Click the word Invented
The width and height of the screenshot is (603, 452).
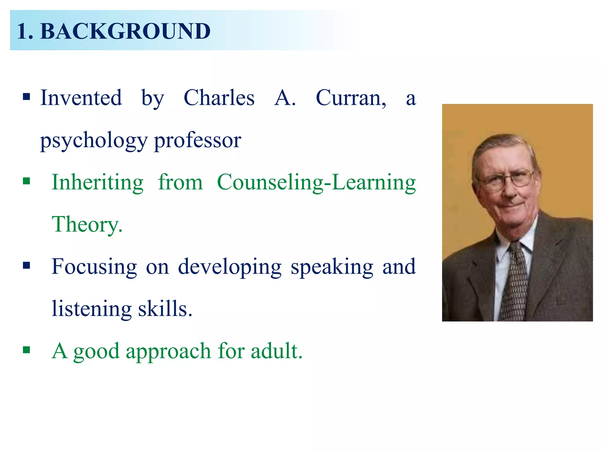point(81,98)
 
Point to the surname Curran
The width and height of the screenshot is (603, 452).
point(350,98)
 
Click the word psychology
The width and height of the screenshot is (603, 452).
point(94,141)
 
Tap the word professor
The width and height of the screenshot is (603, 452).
point(198,141)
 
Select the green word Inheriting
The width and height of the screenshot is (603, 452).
point(97,182)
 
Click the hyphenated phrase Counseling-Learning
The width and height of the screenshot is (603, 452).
point(316,182)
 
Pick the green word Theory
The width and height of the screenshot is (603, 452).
point(87,224)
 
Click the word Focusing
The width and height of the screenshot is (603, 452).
point(94,267)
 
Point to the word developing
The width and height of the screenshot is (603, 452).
point(230,267)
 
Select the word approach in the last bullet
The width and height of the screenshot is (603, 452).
point(168,351)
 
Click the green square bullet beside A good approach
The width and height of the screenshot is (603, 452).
point(26,350)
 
